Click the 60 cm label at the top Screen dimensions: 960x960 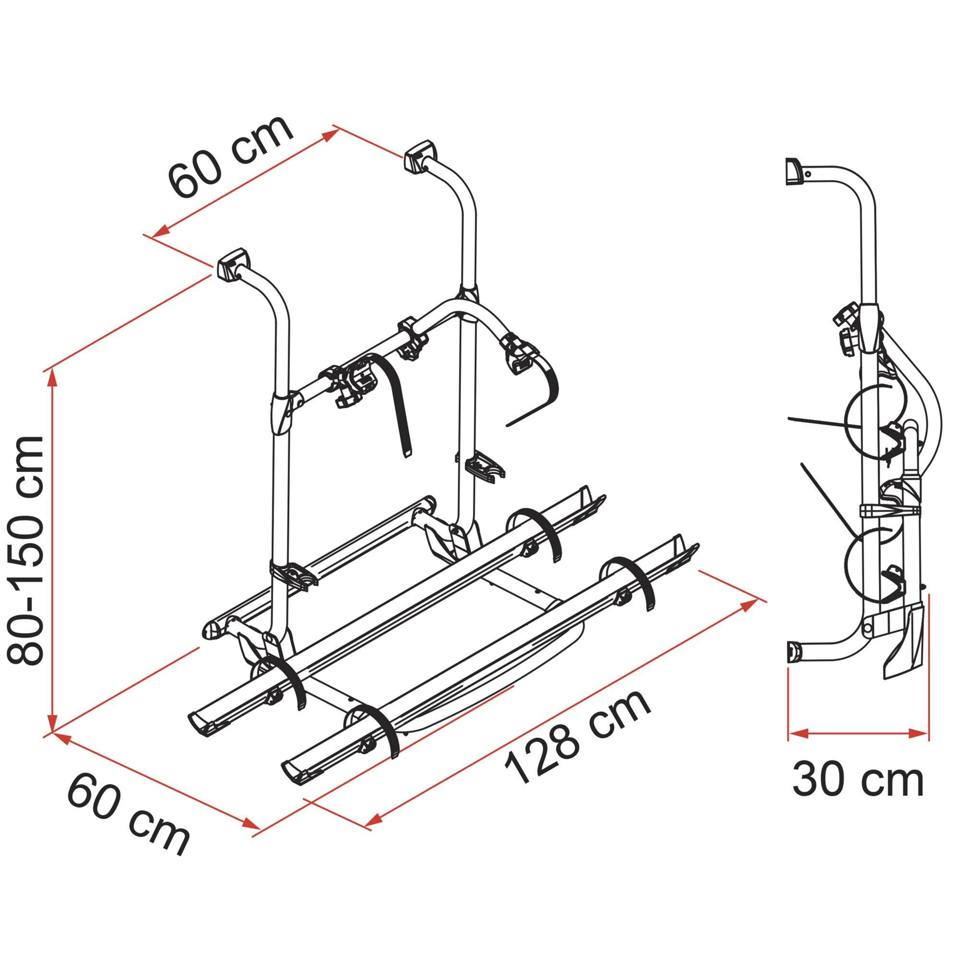coord(230,156)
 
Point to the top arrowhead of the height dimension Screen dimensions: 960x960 coord(53,379)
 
